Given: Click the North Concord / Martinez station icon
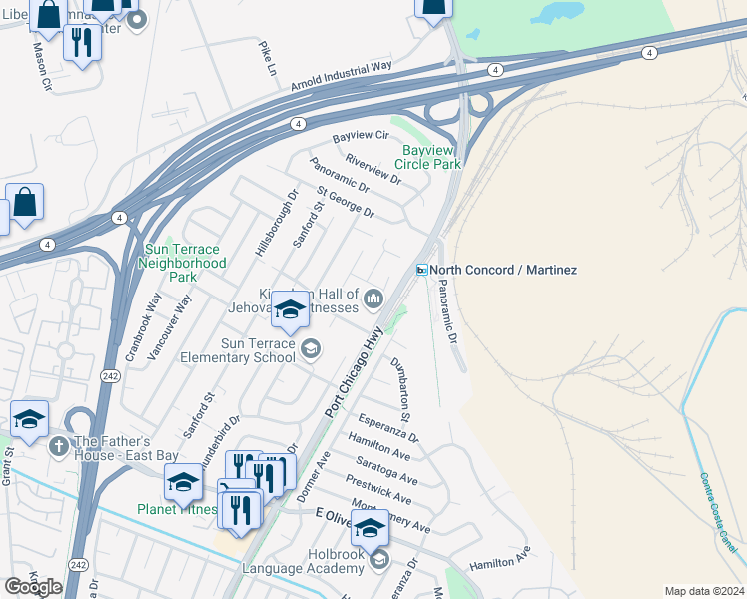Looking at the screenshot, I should point(422,270).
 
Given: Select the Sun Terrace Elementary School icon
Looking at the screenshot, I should point(311,347).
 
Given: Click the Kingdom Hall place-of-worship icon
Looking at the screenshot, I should point(374,298).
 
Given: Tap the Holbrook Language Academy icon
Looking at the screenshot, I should point(378,561).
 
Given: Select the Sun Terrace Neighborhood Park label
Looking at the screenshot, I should point(185,263).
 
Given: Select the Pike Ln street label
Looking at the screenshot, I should point(267,59).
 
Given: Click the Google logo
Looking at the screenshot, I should point(33,587).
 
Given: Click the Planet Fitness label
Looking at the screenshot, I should point(176,509).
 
